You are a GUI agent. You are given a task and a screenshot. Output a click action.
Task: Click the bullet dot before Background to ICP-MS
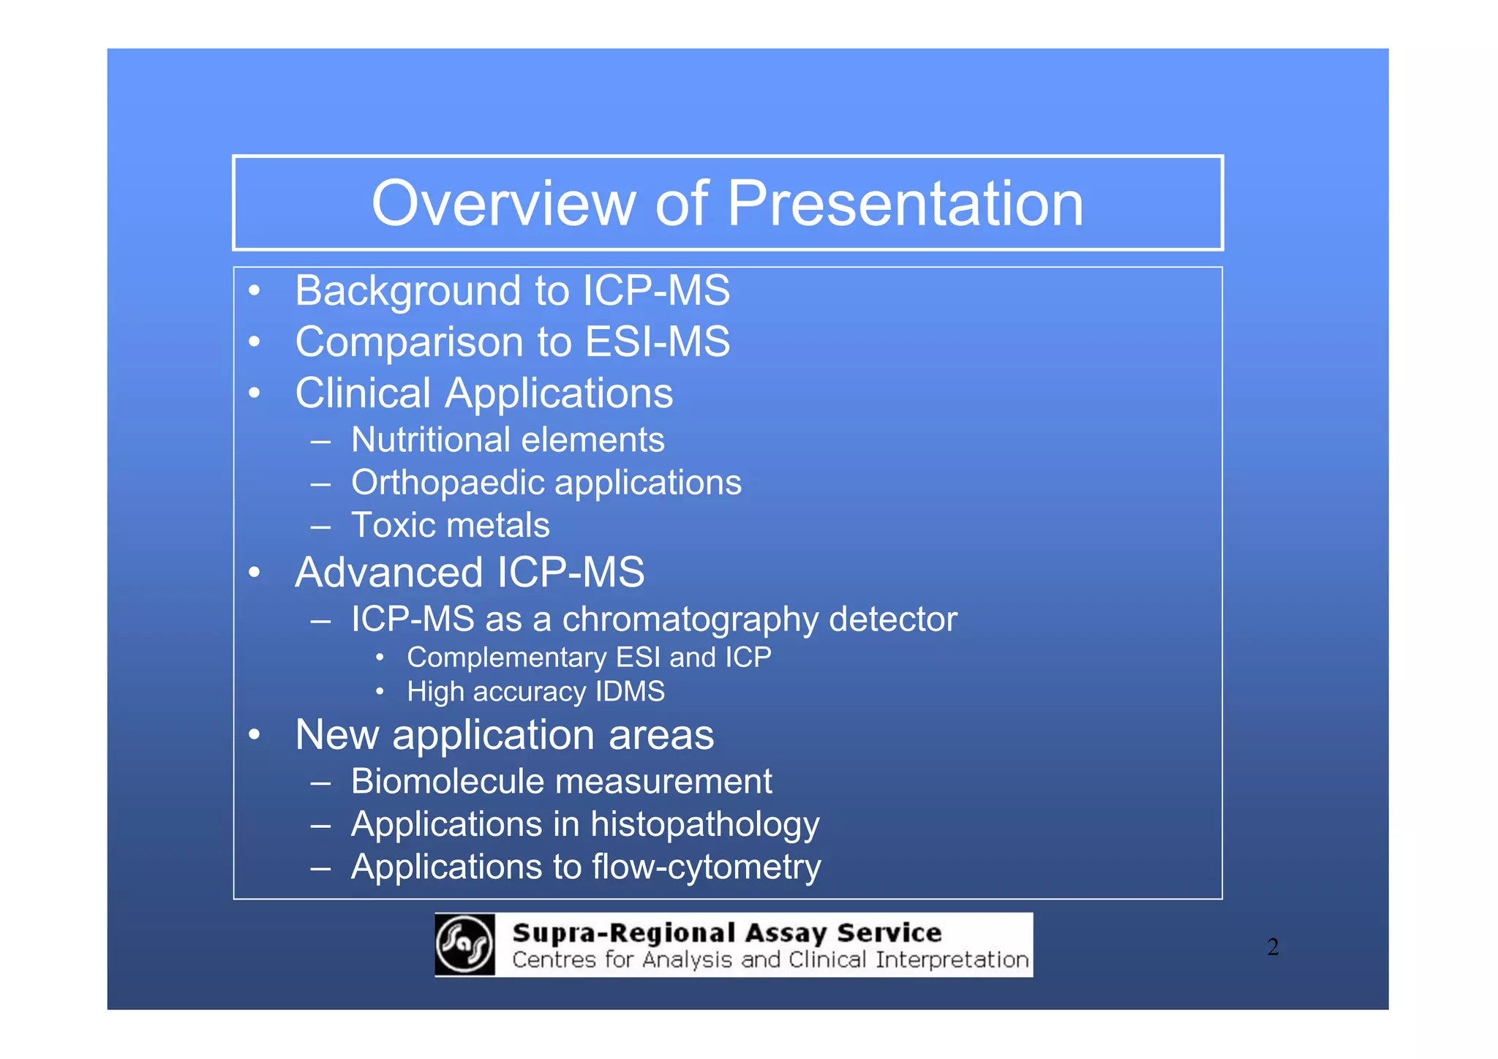click(x=254, y=291)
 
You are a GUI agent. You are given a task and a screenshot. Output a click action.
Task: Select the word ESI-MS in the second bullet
click(x=658, y=342)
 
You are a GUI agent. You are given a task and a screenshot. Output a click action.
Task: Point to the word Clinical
click(x=363, y=393)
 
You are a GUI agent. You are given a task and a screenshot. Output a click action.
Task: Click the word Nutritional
click(x=430, y=440)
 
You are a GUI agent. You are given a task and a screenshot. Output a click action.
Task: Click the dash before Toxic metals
click(x=320, y=526)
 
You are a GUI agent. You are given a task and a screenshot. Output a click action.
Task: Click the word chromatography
click(x=690, y=619)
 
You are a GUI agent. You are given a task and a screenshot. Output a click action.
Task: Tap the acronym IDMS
click(x=630, y=692)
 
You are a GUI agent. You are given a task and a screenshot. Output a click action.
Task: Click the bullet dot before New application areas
click(x=254, y=735)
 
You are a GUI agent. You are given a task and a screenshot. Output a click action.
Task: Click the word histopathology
click(x=704, y=825)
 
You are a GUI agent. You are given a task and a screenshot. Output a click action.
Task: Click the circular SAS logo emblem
click(x=464, y=944)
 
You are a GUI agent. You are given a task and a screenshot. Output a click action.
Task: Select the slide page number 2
click(x=1273, y=947)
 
